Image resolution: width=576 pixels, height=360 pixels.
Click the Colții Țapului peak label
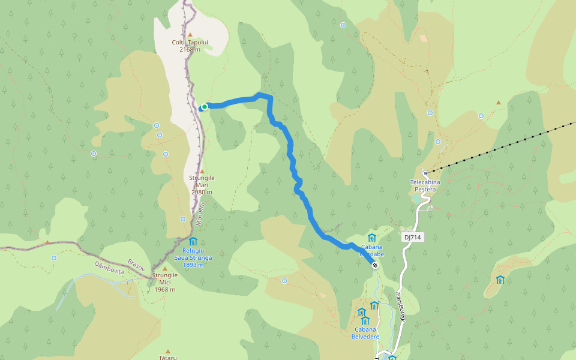190,46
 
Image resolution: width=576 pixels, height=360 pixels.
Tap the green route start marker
205,107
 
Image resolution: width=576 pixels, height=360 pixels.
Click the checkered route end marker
375,265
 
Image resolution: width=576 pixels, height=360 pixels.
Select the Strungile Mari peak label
202,185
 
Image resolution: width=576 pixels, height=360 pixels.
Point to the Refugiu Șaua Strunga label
193,257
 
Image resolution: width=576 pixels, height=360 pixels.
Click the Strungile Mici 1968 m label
164,282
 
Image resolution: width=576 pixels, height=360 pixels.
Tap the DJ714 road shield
413,238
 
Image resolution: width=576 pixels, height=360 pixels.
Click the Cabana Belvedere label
365,333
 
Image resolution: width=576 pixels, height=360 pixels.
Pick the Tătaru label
168,358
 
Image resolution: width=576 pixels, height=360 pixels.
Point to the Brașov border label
137,265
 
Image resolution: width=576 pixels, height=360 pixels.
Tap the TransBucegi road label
401,306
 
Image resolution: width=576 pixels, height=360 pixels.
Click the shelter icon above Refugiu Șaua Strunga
193,241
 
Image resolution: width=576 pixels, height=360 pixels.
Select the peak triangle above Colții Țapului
190,35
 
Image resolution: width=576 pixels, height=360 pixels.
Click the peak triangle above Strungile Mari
202,171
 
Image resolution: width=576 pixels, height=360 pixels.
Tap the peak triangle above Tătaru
168,351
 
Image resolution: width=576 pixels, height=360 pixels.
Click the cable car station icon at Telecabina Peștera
425,173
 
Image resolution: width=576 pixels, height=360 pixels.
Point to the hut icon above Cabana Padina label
371,238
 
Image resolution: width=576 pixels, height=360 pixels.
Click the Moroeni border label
200,214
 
